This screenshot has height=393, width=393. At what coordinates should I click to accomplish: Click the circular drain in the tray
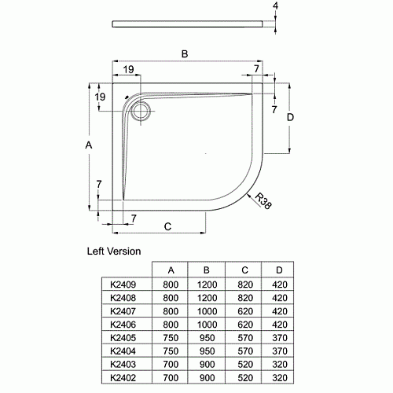[141, 111]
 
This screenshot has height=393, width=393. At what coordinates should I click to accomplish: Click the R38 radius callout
[263, 201]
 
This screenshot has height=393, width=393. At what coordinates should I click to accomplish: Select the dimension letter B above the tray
[185, 54]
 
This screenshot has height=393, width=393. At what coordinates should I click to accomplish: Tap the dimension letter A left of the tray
[89, 145]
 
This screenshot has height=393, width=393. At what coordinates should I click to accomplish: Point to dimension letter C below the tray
[167, 226]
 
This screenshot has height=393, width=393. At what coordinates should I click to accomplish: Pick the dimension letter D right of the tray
[290, 117]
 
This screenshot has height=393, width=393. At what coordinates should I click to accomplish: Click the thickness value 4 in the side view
[275, 6]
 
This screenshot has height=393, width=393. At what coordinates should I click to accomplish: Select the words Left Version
[114, 252]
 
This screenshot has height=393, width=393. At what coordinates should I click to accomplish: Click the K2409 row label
[123, 285]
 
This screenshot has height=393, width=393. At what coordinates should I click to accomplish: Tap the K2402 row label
[123, 378]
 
